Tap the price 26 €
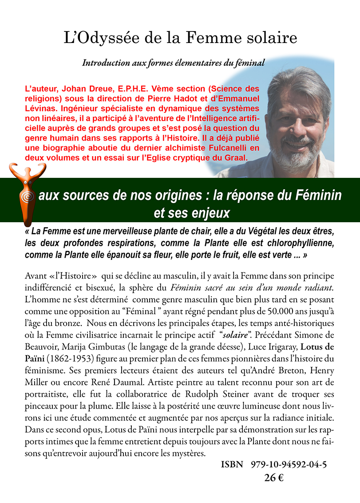[274, 478]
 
